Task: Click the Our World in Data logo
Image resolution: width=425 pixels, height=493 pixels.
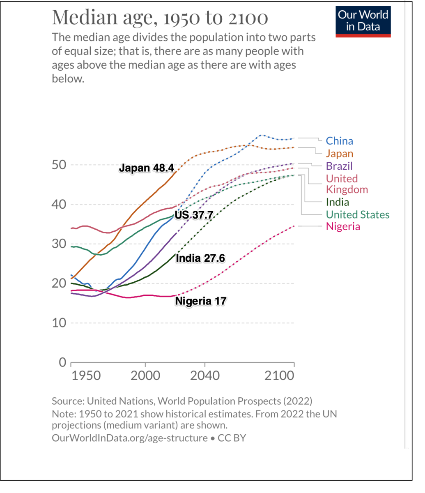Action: [363, 21]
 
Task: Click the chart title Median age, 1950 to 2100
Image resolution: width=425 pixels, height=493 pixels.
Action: [160, 17]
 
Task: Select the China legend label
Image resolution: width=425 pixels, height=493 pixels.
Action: [339, 141]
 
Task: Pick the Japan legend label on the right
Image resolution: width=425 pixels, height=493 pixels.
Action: [339, 154]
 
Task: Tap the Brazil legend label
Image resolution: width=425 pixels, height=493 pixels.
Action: [339, 166]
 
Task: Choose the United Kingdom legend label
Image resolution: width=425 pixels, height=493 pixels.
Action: [347, 184]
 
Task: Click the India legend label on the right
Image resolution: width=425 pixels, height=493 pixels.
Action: [337, 202]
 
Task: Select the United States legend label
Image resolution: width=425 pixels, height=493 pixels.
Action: [357, 214]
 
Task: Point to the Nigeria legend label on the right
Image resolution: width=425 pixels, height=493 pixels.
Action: [343, 226]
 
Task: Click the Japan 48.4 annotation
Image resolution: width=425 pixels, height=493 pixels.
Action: [147, 168]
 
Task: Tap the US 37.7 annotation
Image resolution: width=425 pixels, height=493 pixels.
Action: [193, 214]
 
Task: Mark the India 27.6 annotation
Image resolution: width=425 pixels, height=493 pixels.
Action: [200, 258]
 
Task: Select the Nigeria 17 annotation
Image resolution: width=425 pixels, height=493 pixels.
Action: [200, 301]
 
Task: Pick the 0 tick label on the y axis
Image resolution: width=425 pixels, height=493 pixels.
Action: [62, 362]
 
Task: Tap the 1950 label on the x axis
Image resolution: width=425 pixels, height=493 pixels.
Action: [86, 376]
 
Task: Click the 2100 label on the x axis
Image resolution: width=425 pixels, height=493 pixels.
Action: [279, 376]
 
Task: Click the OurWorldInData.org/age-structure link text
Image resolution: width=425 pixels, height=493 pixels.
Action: [130, 438]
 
